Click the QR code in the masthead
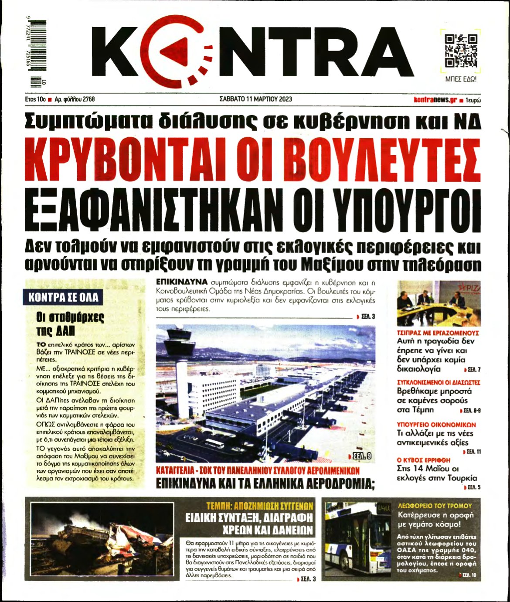(461, 51)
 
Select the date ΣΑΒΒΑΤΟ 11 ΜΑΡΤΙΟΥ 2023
(255, 99)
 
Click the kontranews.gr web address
(435, 99)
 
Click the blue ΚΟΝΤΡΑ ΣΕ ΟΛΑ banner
(63, 298)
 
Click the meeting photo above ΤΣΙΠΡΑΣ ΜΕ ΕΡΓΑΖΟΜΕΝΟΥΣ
(439, 303)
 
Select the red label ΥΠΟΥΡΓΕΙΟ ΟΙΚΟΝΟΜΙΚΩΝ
(436, 425)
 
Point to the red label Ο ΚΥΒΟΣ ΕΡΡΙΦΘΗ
(423, 460)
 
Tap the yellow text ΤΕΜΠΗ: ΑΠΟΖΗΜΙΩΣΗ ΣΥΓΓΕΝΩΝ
(260, 506)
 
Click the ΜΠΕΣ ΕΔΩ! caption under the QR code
(460, 79)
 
